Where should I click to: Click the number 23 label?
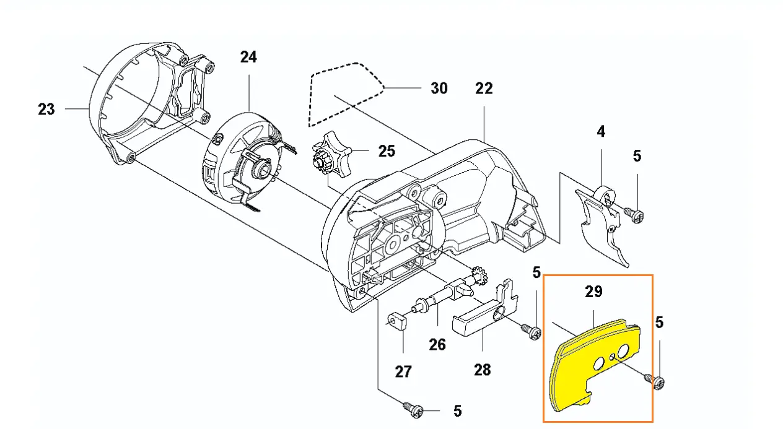(x=46, y=110)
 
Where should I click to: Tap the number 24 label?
(x=248, y=57)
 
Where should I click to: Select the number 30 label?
(x=439, y=89)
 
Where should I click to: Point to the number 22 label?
(x=484, y=89)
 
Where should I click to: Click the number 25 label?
(x=387, y=151)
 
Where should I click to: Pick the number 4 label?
(x=601, y=131)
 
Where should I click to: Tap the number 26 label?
(x=437, y=344)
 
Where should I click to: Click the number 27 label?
(x=403, y=371)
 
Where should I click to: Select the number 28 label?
(x=482, y=370)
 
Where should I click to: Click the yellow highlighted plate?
(x=576, y=371)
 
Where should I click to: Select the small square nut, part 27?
(x=396, y=321)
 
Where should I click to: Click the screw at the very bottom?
(x=414, y=409)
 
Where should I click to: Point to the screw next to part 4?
(x=634, y=214)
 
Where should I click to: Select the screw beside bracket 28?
(x=532, y=332)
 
